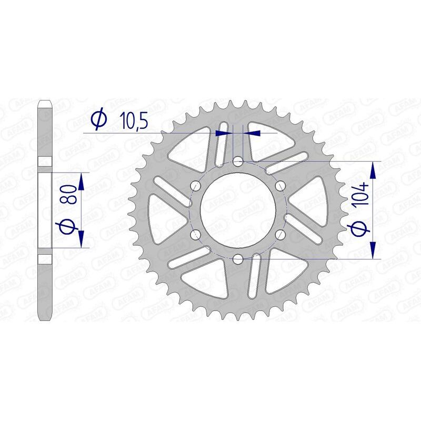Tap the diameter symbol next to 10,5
click(98, 120)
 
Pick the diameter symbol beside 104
click(360, 229)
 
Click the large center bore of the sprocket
click(238, 209)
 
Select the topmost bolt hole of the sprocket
click(238, 161)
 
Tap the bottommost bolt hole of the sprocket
click(238, 258)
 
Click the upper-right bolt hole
click(280, 185)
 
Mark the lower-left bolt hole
click(196, 234)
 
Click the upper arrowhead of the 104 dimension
click(373, 169)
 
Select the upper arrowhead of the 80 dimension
click(81, 181)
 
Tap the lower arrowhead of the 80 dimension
click(81, 238)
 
